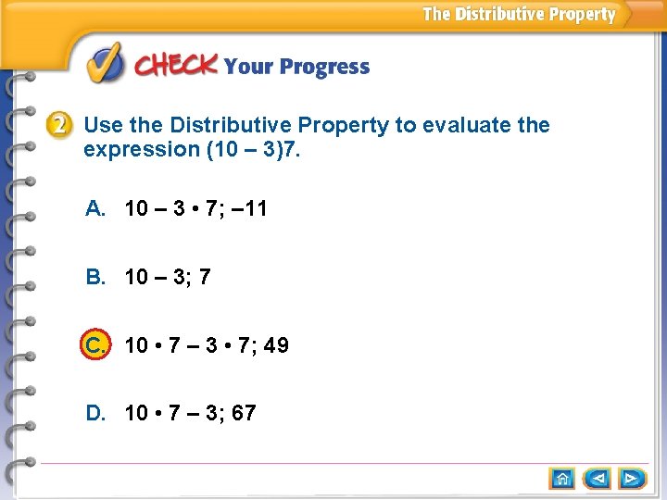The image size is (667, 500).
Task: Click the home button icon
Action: [562, 479]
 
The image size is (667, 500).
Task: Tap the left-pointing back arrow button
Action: [598, 479]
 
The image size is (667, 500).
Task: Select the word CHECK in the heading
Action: [175, 66]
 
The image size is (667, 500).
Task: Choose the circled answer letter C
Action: [95, 345]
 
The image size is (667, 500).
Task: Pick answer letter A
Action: [95, 208]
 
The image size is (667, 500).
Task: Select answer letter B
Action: [95, 277]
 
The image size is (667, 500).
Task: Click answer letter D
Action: [95, 413]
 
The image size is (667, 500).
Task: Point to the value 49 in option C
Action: [276, 345]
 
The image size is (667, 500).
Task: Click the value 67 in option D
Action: [245, 413]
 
